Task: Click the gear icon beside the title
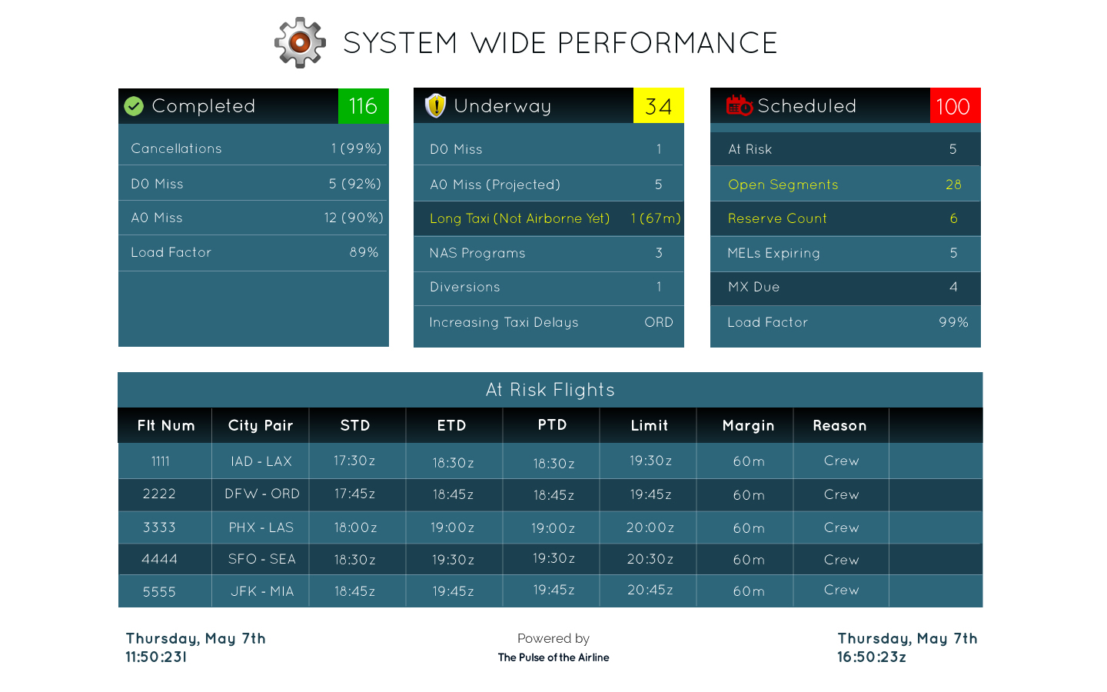pyautogui.click(x=300, y=42)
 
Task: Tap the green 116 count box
pyautogui.click(x=363, y=106)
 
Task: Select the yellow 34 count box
pyautogui.click(x=658, y=106)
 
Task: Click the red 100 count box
pyautogui.click(x=954, y=106)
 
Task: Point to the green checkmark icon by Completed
pyautogui.click(x=134, y=106)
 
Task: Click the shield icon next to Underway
pyautogui.click(x=435, y=106)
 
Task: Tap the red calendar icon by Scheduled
pyautogui.click(x=739, y=106)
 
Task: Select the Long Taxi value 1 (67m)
pyautogui.click(x=655, y=218)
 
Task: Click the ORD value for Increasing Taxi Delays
pyautogui.click(x=658, y=322)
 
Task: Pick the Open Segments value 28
pyautogui.click(x=953, y=185)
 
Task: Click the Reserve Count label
pyautogui.click(x=777, y=218)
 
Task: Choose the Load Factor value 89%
pyautogui.click(x=364, y=252)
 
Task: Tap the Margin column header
pyautogui.click(x=748, y=425)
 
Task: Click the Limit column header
pyautogui.click(x=650, y=425)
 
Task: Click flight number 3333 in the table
pyautogui.click(x=159, y=527)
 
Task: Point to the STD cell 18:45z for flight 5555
pyautogui.click(x=354, y=591)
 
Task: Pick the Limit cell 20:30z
pyautogui.click(x=650, y=559)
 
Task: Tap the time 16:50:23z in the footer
pyautogui.click(x=872, y=657)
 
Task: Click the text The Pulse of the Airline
pyautogui.click(x=553, y=657)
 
